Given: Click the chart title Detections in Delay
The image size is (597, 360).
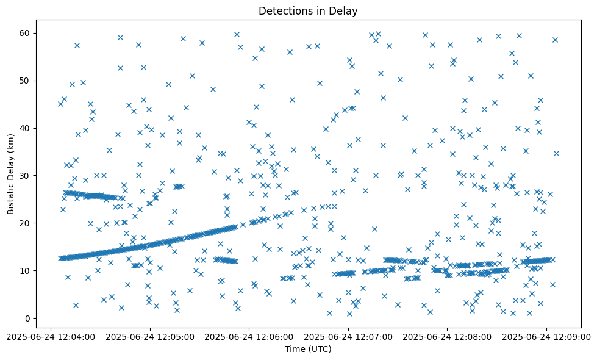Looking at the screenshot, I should [x=308, y=11].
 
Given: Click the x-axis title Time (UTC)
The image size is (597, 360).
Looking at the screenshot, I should [x=308, y=349].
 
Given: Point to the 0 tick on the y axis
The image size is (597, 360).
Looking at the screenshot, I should [x=27, y=318].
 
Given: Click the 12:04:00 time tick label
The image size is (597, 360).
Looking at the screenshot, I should [x=51, y=336].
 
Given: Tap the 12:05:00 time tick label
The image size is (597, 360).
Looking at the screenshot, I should [x=150, y=336].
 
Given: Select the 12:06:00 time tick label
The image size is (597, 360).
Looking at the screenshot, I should [x=249, y=336].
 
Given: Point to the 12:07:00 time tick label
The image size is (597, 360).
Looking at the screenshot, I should [x=348, y=336].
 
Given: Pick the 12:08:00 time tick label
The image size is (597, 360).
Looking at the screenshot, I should [x=447, y=336].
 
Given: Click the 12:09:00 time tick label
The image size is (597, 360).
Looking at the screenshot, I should [x=546, y=336].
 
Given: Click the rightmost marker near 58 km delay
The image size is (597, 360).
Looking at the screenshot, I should [x=555, y=40].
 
